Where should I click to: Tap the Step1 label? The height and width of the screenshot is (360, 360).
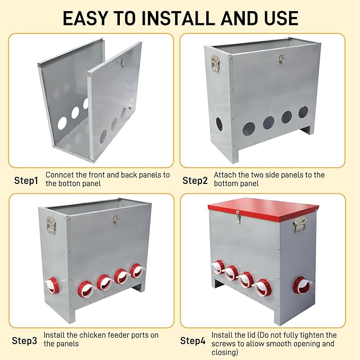(x=26, y=180)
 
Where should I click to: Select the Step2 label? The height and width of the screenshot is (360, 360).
(x=195, y=180)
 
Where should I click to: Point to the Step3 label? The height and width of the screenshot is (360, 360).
(x=24, y=341)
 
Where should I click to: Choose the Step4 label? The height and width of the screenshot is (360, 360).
(x=192, y=341)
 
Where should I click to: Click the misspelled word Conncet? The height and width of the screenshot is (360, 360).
(x=60, y=175)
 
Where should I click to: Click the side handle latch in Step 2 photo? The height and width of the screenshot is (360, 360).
(x=216, y=63)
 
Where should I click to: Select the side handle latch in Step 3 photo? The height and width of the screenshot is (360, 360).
(x=51, y=225)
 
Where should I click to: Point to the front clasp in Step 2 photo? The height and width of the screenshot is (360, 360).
(x=280, y=59)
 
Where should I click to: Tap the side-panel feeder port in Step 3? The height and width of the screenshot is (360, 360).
(x=52, y=285)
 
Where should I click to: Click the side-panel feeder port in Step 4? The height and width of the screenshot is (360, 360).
(x=302, y=285)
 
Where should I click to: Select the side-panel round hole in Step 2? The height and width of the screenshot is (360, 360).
(x=219, y=124)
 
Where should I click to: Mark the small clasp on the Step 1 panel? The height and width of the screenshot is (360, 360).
(x=122, y=63)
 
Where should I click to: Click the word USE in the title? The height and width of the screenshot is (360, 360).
(x=281, y=18)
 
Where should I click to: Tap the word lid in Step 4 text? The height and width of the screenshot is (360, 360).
(x=251, y=335)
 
